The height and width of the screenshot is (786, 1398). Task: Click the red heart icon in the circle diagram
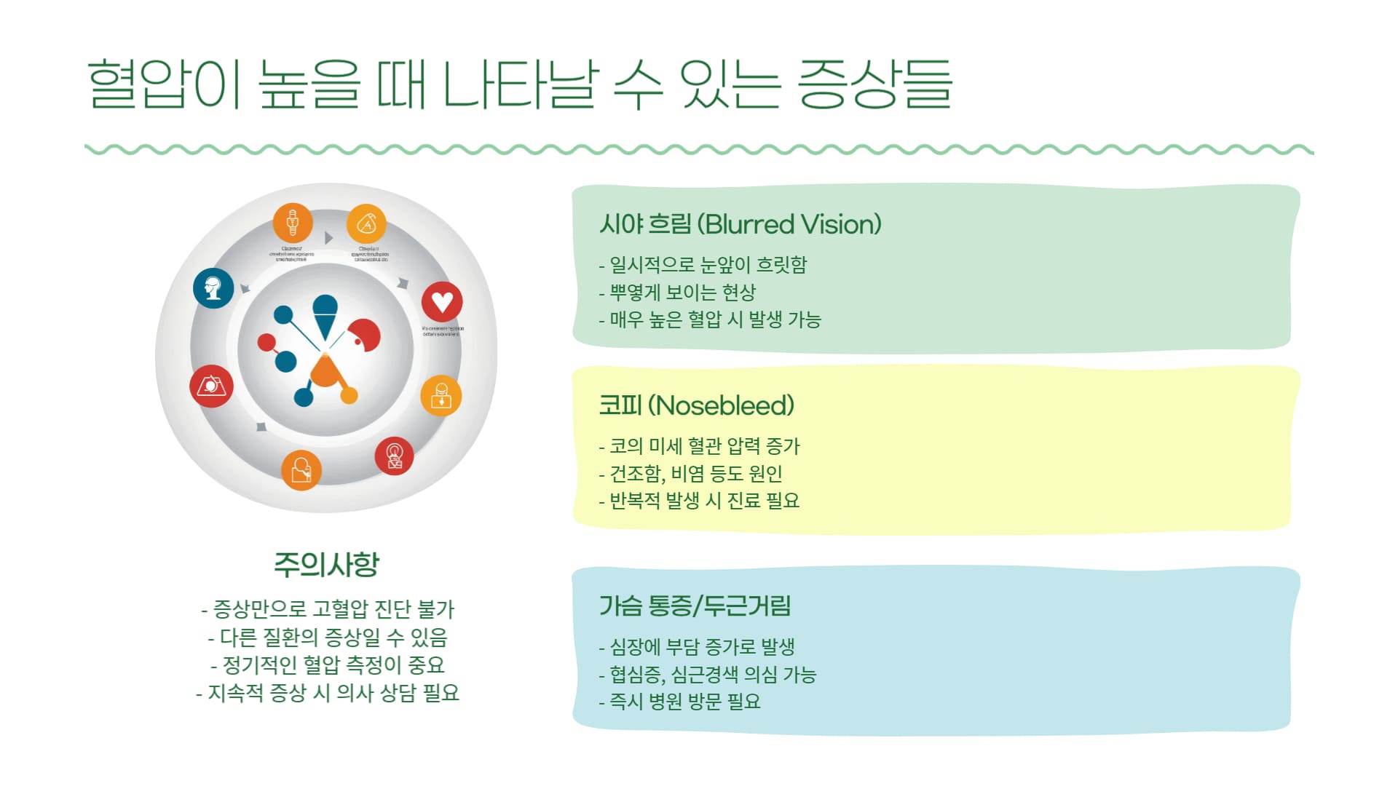442,301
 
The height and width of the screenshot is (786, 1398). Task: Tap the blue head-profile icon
213,288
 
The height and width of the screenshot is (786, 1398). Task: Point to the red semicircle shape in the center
366,335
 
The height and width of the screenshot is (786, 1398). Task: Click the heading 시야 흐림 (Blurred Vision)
740,224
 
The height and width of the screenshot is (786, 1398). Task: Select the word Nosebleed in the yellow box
724,405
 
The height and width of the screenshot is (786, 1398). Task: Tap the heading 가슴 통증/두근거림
695,606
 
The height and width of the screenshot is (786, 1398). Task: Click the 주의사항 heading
326,564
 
